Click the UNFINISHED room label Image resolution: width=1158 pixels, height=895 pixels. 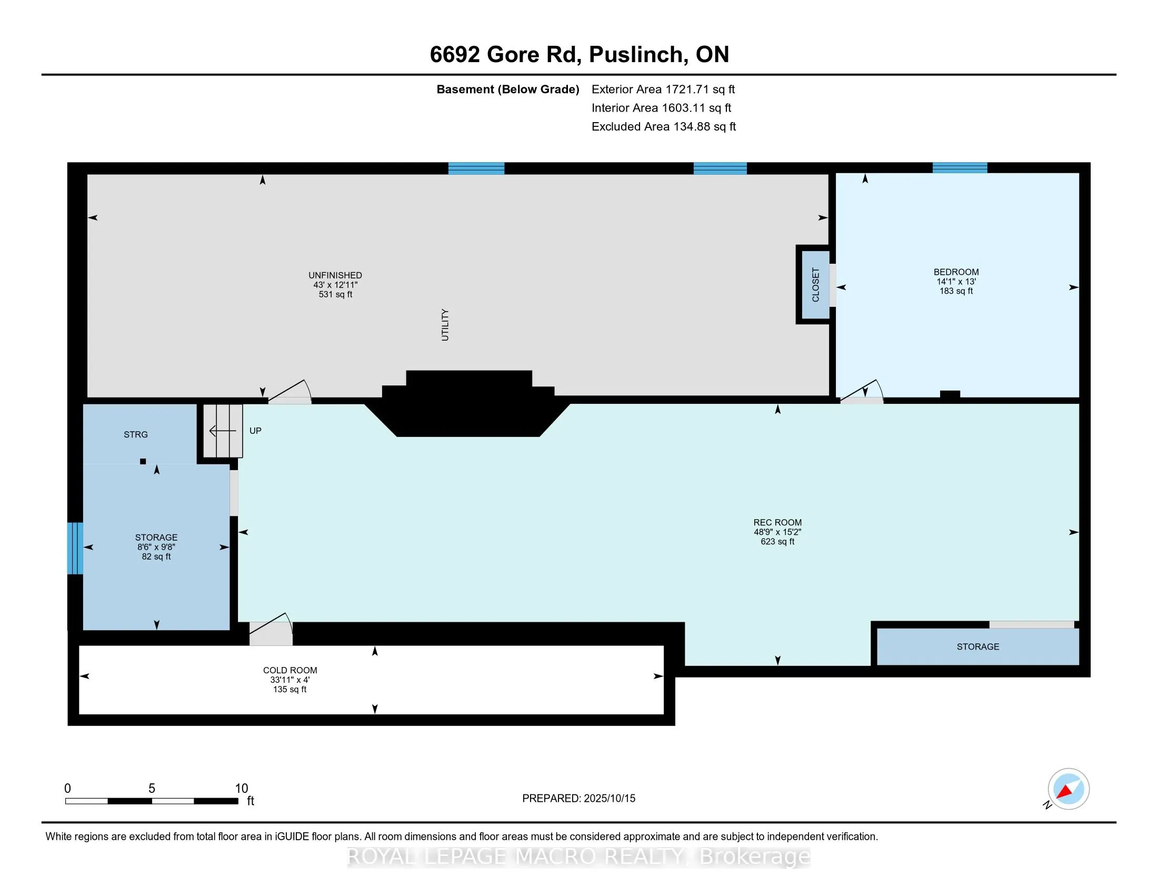tap(335, 275)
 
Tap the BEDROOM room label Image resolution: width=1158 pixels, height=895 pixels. tap(956, 272)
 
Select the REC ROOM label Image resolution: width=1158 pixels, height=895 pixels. tap(777, 522)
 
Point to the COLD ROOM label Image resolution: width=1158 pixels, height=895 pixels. tap(290, 670)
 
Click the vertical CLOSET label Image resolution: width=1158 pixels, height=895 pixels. tap(815, 285)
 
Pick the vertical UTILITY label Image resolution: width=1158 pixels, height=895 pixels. tap(445, 325)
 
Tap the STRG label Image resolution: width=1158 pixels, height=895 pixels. tap(136, 435)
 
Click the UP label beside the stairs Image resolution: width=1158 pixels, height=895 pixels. tap(256, 431)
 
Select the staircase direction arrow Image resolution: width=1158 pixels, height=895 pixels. tap(223, 431)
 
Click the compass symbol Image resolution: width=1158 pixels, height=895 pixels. tap(1068, 789)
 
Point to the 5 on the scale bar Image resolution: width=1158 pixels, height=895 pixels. tap(152, 789)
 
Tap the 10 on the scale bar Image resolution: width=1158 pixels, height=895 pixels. tap(241, 789)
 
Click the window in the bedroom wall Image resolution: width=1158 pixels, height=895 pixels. tap(960, 168)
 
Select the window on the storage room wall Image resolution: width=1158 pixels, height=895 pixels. tap(75, 548)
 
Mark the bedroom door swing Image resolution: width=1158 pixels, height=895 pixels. tap(862, 392)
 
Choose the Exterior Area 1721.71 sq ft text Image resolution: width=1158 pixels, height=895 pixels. tap(663, 89)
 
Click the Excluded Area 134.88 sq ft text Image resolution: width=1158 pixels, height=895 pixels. tap(664, 127)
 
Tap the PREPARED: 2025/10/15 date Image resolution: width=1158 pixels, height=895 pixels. tap(578, 799)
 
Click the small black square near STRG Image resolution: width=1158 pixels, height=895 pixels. tap(143, 462)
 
